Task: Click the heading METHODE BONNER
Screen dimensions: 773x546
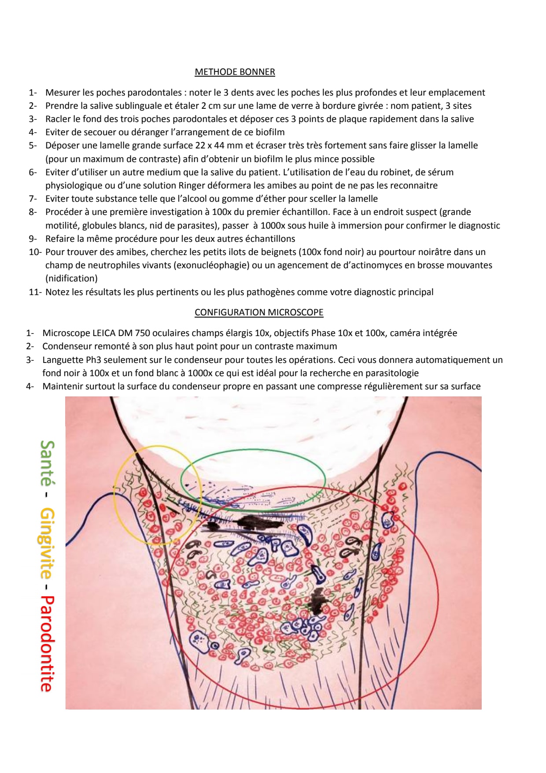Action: pos(235,72)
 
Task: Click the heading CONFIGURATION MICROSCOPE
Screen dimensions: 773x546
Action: pos(259,312)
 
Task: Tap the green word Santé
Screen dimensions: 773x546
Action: pos(47,462)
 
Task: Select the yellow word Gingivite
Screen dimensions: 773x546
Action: pos(47,543)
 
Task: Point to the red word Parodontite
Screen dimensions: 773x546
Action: pos(47,644)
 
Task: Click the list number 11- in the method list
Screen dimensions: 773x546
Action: pos(35,292)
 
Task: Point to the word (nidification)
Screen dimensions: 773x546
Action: pos(71,278)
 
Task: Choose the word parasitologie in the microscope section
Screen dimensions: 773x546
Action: pos(386,373)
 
